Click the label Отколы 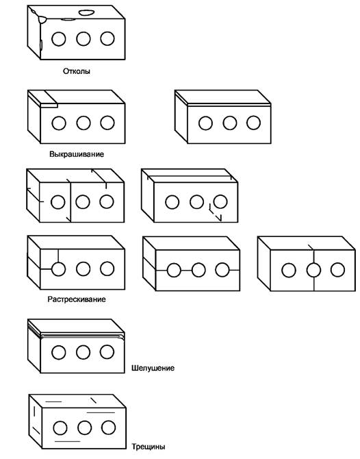(77, 71)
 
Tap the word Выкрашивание (77, 154)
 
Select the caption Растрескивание (77, 299)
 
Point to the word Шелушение (153, 368)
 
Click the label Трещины (149, 447)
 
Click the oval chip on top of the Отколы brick (87, 12)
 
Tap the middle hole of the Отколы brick (83, 38)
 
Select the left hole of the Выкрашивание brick (59, 123)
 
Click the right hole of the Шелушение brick (107, 352)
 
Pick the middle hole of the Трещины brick (84, 428)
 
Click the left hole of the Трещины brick (60, 428)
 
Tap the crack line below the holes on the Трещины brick (68, 441)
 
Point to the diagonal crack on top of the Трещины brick (93, 400)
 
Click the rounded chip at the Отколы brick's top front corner (42, 20)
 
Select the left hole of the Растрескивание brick (58, 269)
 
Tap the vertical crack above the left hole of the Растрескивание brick (58, 256)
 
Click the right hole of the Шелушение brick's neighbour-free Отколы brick (107, 38)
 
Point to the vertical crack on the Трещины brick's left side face (34, 411)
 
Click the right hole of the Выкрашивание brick (107, 123)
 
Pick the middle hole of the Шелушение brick (83, 352)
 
